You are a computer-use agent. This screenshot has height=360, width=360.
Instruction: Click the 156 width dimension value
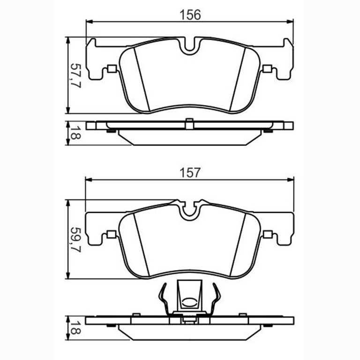pyautogui.click(x=190, y=15)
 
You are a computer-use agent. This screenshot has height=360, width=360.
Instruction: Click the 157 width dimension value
pyautogui.click(x=190, y=172)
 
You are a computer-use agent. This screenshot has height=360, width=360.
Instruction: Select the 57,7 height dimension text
pyautogui.click(x=75, y=76)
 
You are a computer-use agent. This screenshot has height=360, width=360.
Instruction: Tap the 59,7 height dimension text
pyautogui.click(x=75, y=240)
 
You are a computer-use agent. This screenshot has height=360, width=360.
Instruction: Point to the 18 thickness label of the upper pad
pyautogui.click(x=75, y=133)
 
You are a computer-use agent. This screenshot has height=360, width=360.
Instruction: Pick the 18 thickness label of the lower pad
pyautogui.click(x=75, y=328)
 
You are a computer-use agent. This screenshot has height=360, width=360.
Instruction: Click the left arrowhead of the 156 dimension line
pyautogui.click(x=89, y=22)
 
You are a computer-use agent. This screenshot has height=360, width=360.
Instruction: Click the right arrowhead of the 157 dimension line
pyautogui.click(x=291, y=180)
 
